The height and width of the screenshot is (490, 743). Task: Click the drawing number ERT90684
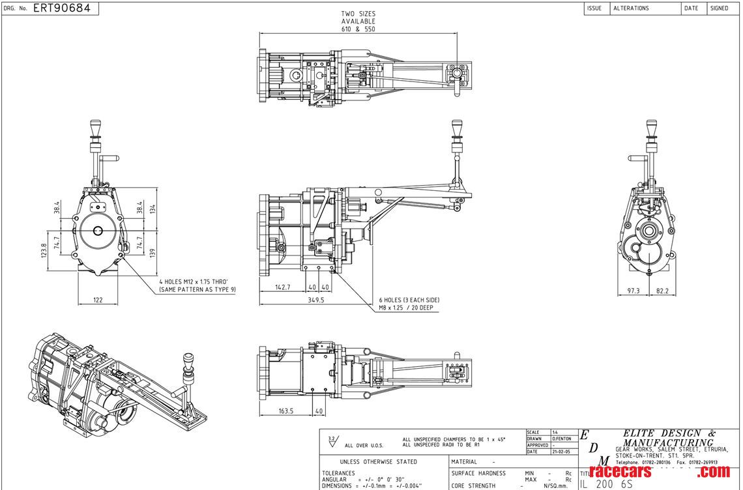pos(61,8)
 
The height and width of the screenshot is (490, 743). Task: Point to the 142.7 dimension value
pos(282,287)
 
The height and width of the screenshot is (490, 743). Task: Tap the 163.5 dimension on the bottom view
pos(285,411)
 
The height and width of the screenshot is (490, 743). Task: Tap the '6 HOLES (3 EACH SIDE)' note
pos(409,300)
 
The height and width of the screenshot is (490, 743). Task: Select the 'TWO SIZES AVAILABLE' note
pos(358,22)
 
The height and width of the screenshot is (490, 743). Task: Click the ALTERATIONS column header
pos(631,8)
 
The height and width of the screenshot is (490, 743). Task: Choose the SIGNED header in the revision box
pos(719,8)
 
